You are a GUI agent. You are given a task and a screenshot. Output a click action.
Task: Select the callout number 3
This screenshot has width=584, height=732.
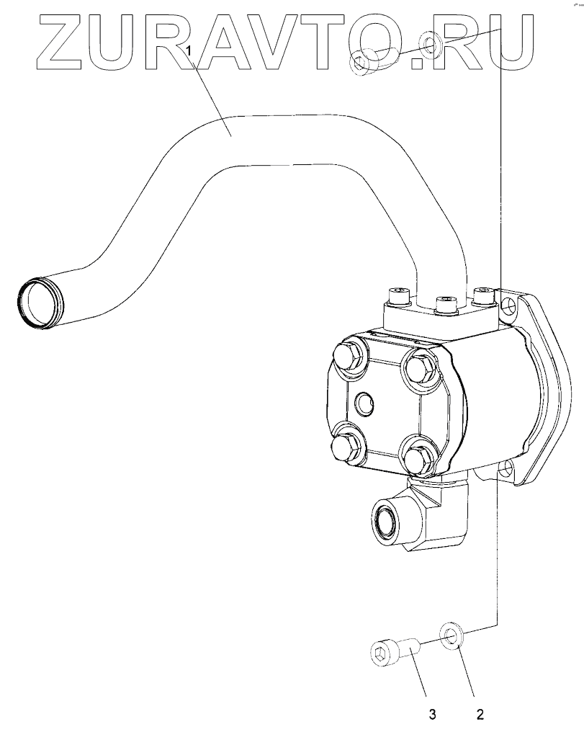click(x=433, y=715)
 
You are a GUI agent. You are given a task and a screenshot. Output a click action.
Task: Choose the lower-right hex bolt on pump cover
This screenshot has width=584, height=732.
click(x=416, y=458)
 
